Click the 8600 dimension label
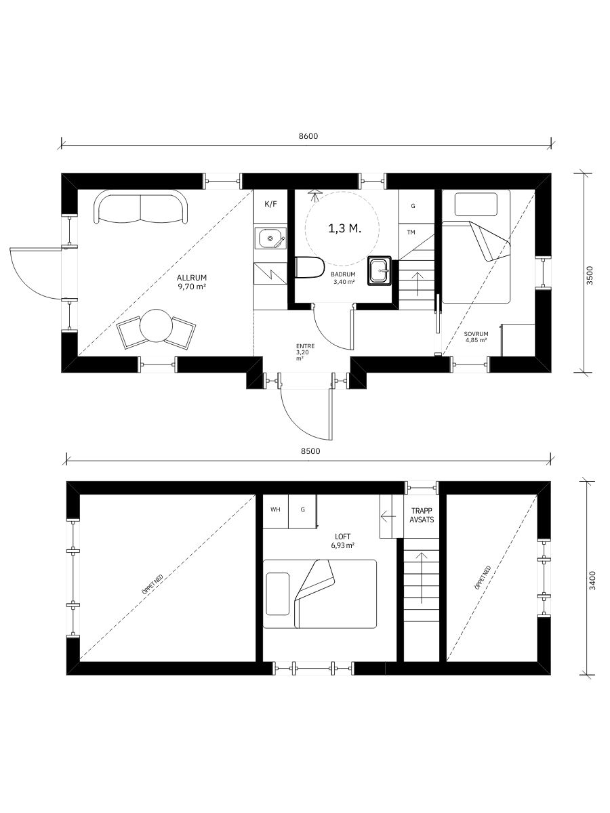click(308, 136)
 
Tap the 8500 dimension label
click(310, 451)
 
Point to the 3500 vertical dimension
click(590, 276)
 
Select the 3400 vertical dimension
click(592, 581)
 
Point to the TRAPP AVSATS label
click(422, 516)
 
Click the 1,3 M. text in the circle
click(345, 229)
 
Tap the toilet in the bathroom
click(310, 267)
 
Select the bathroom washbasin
click(380, 271)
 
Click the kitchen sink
click(270, 238)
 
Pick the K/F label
click(270, 204)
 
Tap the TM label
click(411, 232)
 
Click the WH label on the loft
click(275, 509)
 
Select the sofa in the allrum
click(141, 207)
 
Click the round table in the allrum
click(157, 326)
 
